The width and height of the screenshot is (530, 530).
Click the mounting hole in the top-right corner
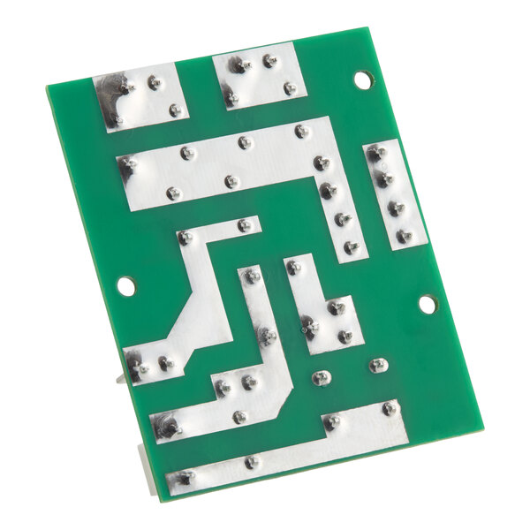(363, 79)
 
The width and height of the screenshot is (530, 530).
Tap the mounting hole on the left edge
(126, 286)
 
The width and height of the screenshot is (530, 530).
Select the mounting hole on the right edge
(427, 304)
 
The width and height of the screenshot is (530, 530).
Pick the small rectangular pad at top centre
(259, 78)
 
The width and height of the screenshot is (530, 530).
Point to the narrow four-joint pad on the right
(394, 193)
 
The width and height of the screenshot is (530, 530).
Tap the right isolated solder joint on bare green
(378, 365)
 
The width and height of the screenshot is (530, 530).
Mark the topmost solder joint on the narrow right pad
(377, 153)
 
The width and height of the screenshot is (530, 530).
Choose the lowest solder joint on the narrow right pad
(405, 236)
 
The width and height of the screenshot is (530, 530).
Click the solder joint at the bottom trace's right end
(390, 408)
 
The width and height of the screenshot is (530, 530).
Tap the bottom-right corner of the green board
(482, 423)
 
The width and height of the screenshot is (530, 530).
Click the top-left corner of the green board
(48, 87)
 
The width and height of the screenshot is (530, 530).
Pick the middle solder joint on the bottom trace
(253, 461)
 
